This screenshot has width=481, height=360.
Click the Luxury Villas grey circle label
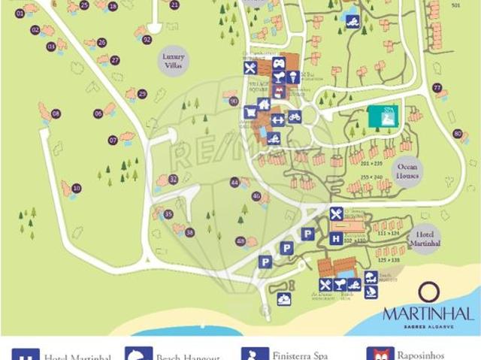[x=173, y=61]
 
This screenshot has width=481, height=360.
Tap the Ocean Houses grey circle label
[x=407, y=171]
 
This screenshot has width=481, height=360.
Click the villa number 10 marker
[x=77, y=188]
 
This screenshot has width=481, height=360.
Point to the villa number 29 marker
[x=141, y=94]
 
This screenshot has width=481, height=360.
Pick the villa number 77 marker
[x=437, y=88]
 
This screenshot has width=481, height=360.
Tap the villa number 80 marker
[x=456, y=134]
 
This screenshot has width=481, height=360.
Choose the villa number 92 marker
[x=147, y=39]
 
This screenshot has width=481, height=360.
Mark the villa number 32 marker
[x=173, y=179]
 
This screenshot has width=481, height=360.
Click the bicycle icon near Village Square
[x=295, y=117]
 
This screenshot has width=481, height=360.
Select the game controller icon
[x=279, y=63]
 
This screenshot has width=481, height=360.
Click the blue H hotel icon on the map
[x=336, y=239]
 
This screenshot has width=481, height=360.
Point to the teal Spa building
[x=384, y=117]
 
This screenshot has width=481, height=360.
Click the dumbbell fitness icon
[x=277, y=118]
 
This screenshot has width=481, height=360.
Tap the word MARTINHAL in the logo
[x=428, y=313]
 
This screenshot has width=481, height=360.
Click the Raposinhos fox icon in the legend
[x=380, y=355]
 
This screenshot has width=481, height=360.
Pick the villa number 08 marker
[x=56, y=114]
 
